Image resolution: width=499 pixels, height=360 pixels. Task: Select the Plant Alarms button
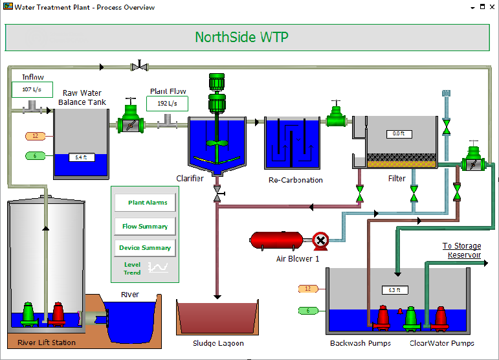(146, 203)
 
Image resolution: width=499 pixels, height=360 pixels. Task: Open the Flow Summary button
(146, 227)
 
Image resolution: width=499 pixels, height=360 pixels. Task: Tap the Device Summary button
(146, 248)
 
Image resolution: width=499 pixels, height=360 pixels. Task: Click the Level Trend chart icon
(157, 267)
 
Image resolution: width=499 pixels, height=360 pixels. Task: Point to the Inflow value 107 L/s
(32, 89)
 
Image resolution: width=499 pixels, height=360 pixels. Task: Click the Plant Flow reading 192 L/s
(167, 104)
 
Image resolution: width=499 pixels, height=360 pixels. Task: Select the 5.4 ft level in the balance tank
(81, 157)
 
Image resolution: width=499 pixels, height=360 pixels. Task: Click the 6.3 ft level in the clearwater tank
(394, 290)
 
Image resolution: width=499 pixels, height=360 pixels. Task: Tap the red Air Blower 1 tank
(276, 240)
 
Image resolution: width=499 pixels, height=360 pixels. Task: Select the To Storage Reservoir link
(461, 250)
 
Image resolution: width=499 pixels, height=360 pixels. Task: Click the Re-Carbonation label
(295, 180)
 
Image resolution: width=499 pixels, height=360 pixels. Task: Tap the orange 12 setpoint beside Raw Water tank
(34, 136)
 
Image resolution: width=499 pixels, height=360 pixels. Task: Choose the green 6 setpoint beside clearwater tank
(307, 311)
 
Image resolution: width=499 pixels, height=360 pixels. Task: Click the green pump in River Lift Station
(28, 314)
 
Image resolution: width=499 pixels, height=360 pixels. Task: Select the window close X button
(492, 7)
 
